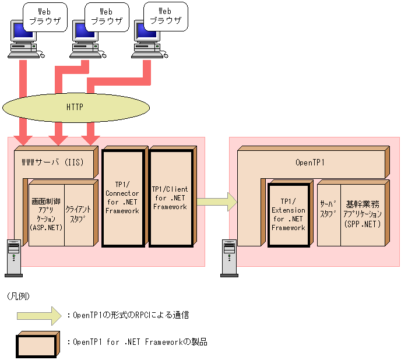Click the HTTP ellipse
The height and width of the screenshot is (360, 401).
pos(75,107)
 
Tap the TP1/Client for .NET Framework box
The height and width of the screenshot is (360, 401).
pos(170,198)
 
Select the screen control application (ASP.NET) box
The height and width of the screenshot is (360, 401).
pos(46,214)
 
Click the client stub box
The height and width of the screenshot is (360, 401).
pos(78,214)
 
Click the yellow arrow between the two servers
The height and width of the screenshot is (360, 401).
pos(216,202)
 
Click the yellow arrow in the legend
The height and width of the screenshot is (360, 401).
pos(38,315)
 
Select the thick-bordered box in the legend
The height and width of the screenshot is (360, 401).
pos(38,344)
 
